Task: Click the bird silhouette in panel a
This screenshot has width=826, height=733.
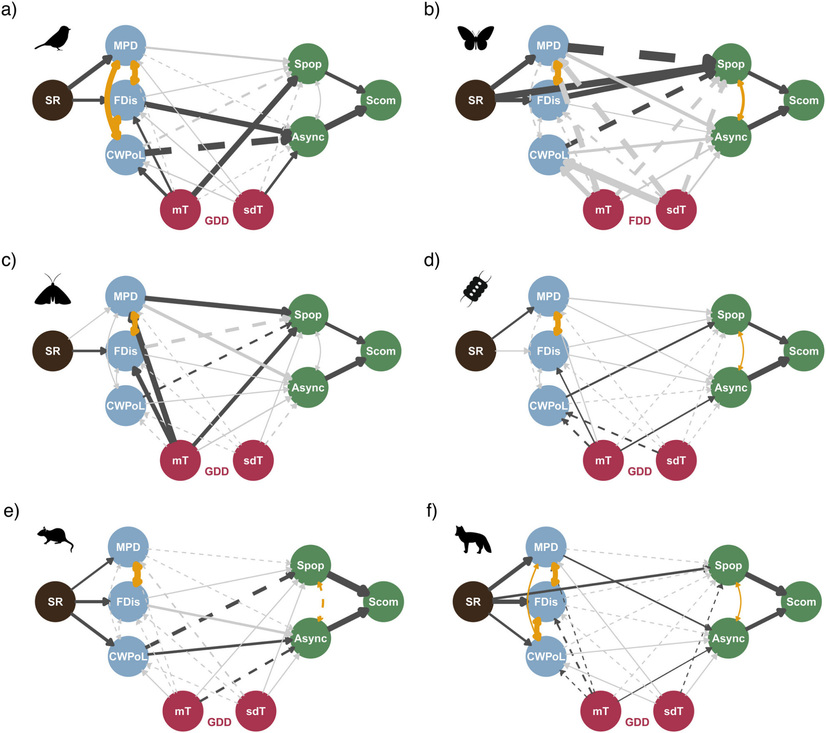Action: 53,38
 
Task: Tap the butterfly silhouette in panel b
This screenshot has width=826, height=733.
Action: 475,38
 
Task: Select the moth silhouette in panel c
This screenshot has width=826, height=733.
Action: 53,290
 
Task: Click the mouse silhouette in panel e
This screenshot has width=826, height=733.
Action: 55,539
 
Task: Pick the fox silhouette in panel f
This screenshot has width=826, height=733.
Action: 472,540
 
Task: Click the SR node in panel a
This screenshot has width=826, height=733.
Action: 52,100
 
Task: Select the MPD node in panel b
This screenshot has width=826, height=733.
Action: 548,45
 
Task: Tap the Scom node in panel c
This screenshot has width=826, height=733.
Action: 380,351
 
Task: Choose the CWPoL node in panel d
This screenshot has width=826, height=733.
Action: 548,405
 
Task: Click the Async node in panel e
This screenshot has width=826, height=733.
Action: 311,638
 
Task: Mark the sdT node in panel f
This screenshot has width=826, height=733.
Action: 673,711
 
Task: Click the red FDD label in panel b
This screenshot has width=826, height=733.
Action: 639,221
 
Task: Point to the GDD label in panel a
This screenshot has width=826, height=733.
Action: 217,221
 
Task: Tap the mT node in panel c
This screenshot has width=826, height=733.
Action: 180,460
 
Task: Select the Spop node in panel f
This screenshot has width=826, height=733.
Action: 728,565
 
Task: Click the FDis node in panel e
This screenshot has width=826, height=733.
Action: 128,602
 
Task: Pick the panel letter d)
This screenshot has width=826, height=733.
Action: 432,261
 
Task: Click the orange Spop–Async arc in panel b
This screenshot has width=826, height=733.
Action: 743,100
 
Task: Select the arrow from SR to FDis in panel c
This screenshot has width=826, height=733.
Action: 89,351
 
